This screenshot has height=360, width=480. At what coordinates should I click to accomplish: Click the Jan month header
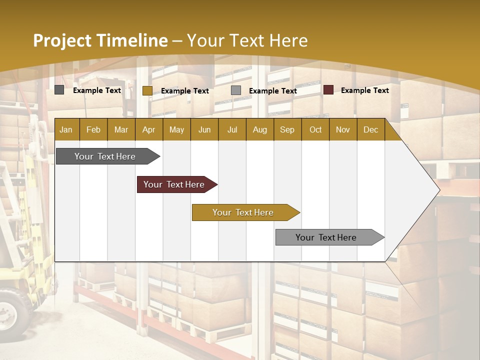66,129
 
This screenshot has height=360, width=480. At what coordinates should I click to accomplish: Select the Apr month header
148,129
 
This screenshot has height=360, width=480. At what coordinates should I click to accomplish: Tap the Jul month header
232,129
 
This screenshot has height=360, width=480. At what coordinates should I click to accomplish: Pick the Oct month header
315,129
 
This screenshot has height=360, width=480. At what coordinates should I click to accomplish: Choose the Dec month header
370,129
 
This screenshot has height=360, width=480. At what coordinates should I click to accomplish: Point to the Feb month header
93,129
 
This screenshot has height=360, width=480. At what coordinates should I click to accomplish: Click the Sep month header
287,129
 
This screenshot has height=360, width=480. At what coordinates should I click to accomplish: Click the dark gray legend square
59,90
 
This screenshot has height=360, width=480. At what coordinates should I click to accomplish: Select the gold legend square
147,90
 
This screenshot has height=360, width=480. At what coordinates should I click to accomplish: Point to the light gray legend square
236,90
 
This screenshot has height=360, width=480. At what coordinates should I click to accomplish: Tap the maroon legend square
328,90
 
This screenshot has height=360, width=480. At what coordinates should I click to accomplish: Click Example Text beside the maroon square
364,90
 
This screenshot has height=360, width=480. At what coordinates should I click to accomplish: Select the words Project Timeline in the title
100,40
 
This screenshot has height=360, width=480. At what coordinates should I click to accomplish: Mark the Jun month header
204,129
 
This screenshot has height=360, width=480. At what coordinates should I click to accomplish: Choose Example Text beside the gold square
184,91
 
